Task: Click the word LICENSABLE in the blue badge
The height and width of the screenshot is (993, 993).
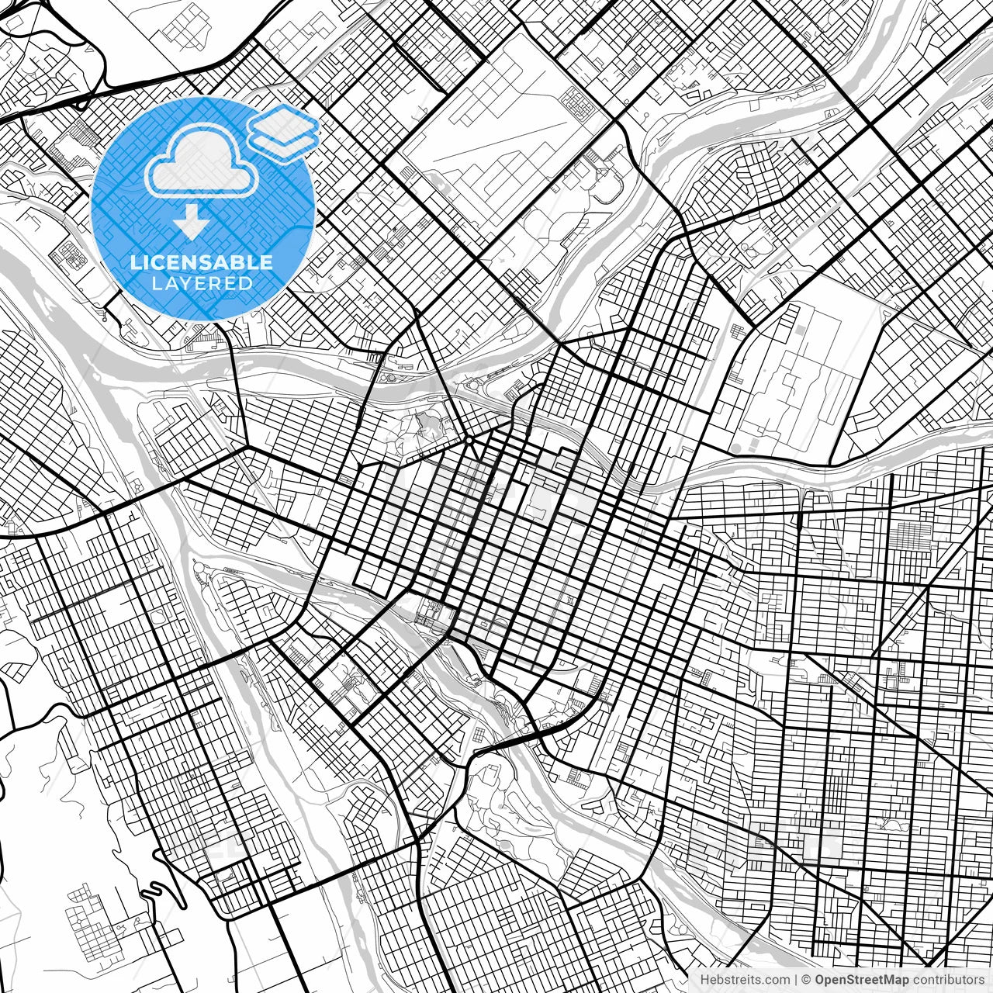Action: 202,263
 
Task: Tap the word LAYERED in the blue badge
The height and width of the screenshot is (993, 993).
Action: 202,283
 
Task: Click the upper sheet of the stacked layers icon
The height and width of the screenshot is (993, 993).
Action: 282,123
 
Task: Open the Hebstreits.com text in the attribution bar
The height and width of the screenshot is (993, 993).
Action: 745,980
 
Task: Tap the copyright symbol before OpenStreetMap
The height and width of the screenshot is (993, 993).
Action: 807,980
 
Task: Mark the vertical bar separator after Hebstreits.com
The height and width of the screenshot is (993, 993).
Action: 796,980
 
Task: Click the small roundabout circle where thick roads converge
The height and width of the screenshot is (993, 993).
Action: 469,440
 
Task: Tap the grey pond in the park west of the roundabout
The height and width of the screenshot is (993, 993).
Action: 425,423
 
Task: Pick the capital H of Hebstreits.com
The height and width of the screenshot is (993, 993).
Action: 704,980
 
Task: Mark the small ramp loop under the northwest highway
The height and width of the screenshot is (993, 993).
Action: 80,103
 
